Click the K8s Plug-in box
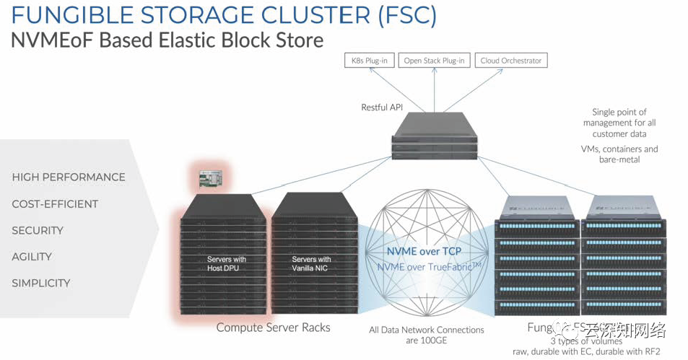tap(367, 61)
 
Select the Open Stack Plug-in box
tap(434, 61)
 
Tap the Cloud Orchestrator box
tap(511, 61)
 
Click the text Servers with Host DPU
tap(227, 263)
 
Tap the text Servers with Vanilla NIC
tap(311, 263)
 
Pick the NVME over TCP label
tap(424, 252)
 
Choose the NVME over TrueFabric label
tap(429, 267)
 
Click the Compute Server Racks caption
tap(273, 328)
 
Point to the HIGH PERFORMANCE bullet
tap(69, 177)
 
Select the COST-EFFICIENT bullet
tap(55, 204)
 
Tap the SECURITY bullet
tap(38, 231)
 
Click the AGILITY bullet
tap(32, 257)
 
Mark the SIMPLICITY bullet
tap(41, 284)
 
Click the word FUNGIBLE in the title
tap(68, 16)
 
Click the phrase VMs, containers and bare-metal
tap(619, 154)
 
